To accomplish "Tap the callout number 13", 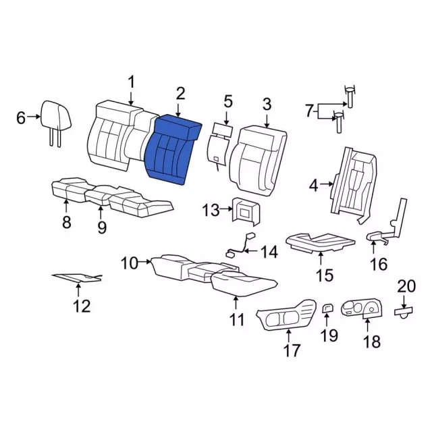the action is (211, 210).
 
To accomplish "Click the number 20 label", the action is (406, 286).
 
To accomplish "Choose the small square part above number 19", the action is (327, 308).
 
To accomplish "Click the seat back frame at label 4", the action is (353, 185).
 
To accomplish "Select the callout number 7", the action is (310, 111).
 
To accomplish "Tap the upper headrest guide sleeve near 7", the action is (350, 97).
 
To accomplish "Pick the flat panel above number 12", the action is (78, 278).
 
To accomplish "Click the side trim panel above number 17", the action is (286, 315).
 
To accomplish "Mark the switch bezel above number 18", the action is (362, 308).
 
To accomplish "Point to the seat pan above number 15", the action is (321, 242).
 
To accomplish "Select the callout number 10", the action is (130, 263).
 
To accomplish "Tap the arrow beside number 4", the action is (328, 184).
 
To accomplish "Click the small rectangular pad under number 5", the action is (223, 129).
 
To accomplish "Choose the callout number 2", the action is (180, 94).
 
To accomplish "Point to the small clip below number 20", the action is (404, 313).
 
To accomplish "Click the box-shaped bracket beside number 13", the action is (246, 211).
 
